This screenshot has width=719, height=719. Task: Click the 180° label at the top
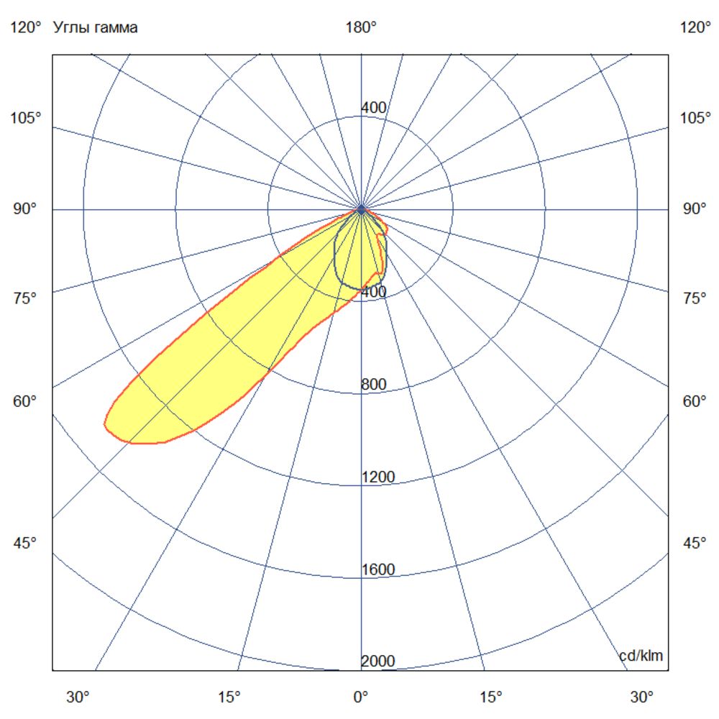tap(361, 28)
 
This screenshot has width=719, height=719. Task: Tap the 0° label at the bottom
tap(361, 697)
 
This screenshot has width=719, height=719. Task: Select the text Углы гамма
tap(95, 28)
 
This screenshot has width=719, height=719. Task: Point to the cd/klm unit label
tap(641, 656)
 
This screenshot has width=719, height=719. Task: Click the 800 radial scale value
tap(373, 385)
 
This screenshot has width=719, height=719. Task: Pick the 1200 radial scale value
tap(377, 477)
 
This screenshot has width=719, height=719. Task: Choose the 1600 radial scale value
tap(377, 570)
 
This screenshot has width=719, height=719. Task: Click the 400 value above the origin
tap(373, 108)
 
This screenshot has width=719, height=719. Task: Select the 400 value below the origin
tap(373, 292)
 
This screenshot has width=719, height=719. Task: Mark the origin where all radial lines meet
tap(361, 209)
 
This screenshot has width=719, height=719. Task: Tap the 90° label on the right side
tap(695, 209)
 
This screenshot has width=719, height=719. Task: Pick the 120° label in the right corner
tap(695, 28)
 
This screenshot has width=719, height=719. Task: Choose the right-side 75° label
tap(695, 299)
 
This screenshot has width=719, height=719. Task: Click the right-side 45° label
tap(695, 543)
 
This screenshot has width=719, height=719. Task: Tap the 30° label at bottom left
tap(78, 697)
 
